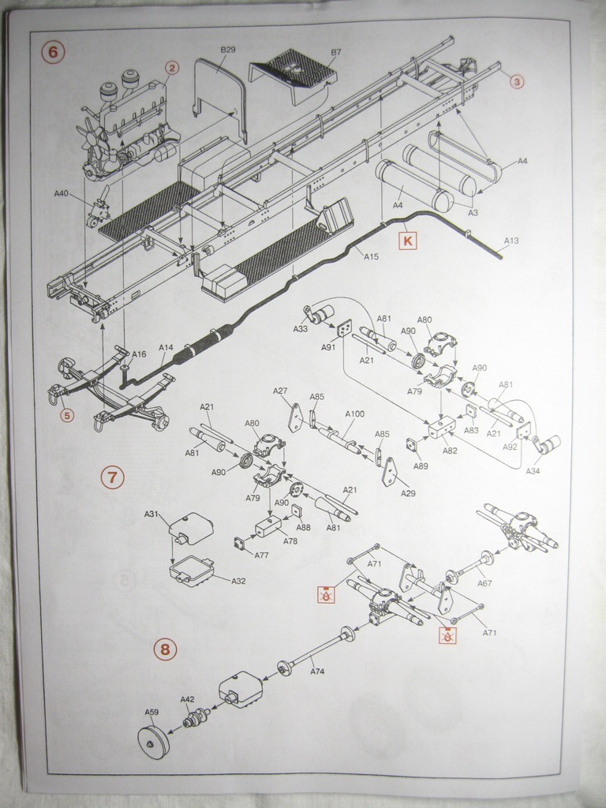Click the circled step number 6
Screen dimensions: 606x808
pyautogui.click(x=53, y=52)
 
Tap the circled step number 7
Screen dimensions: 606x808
pyautogui.click(x=112, y=477)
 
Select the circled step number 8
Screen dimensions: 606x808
pyautogui.click(x=164, y=649)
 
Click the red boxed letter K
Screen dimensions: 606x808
pyautogui.click(x=407, y=238)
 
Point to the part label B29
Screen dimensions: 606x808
pyautogui.click(x=227, y=50)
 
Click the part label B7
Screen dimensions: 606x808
pyautogui.click(x=336, y=52)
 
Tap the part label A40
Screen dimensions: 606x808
pyautogui.click(x=62, y=193)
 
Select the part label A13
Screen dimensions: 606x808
pyautogui.click(x=511, y=240)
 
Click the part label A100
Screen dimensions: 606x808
pyautogui.click(x=354, y=413)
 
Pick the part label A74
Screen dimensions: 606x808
pyautogui.click(x=317, y=671)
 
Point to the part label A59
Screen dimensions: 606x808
pyautogui.click(x=151, y=711)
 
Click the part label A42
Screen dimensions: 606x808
pyautogui.click(x=187, y=699)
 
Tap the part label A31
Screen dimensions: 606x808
pyautogui.click(x=151, y=514)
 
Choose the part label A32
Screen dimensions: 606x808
pyautogui.click(x=238, y=581)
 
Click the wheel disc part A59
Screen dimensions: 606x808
pyautogui.click(x=153, y=742)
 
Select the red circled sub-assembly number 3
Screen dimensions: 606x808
pyautogui.click(x=516, y=81)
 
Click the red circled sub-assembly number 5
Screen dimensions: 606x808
pyautogui.click(x=66, y=415)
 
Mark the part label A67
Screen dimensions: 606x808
pyautogui.click(x=484, y=583)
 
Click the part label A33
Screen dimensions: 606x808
pyautogui.click(x=300, y=329)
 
